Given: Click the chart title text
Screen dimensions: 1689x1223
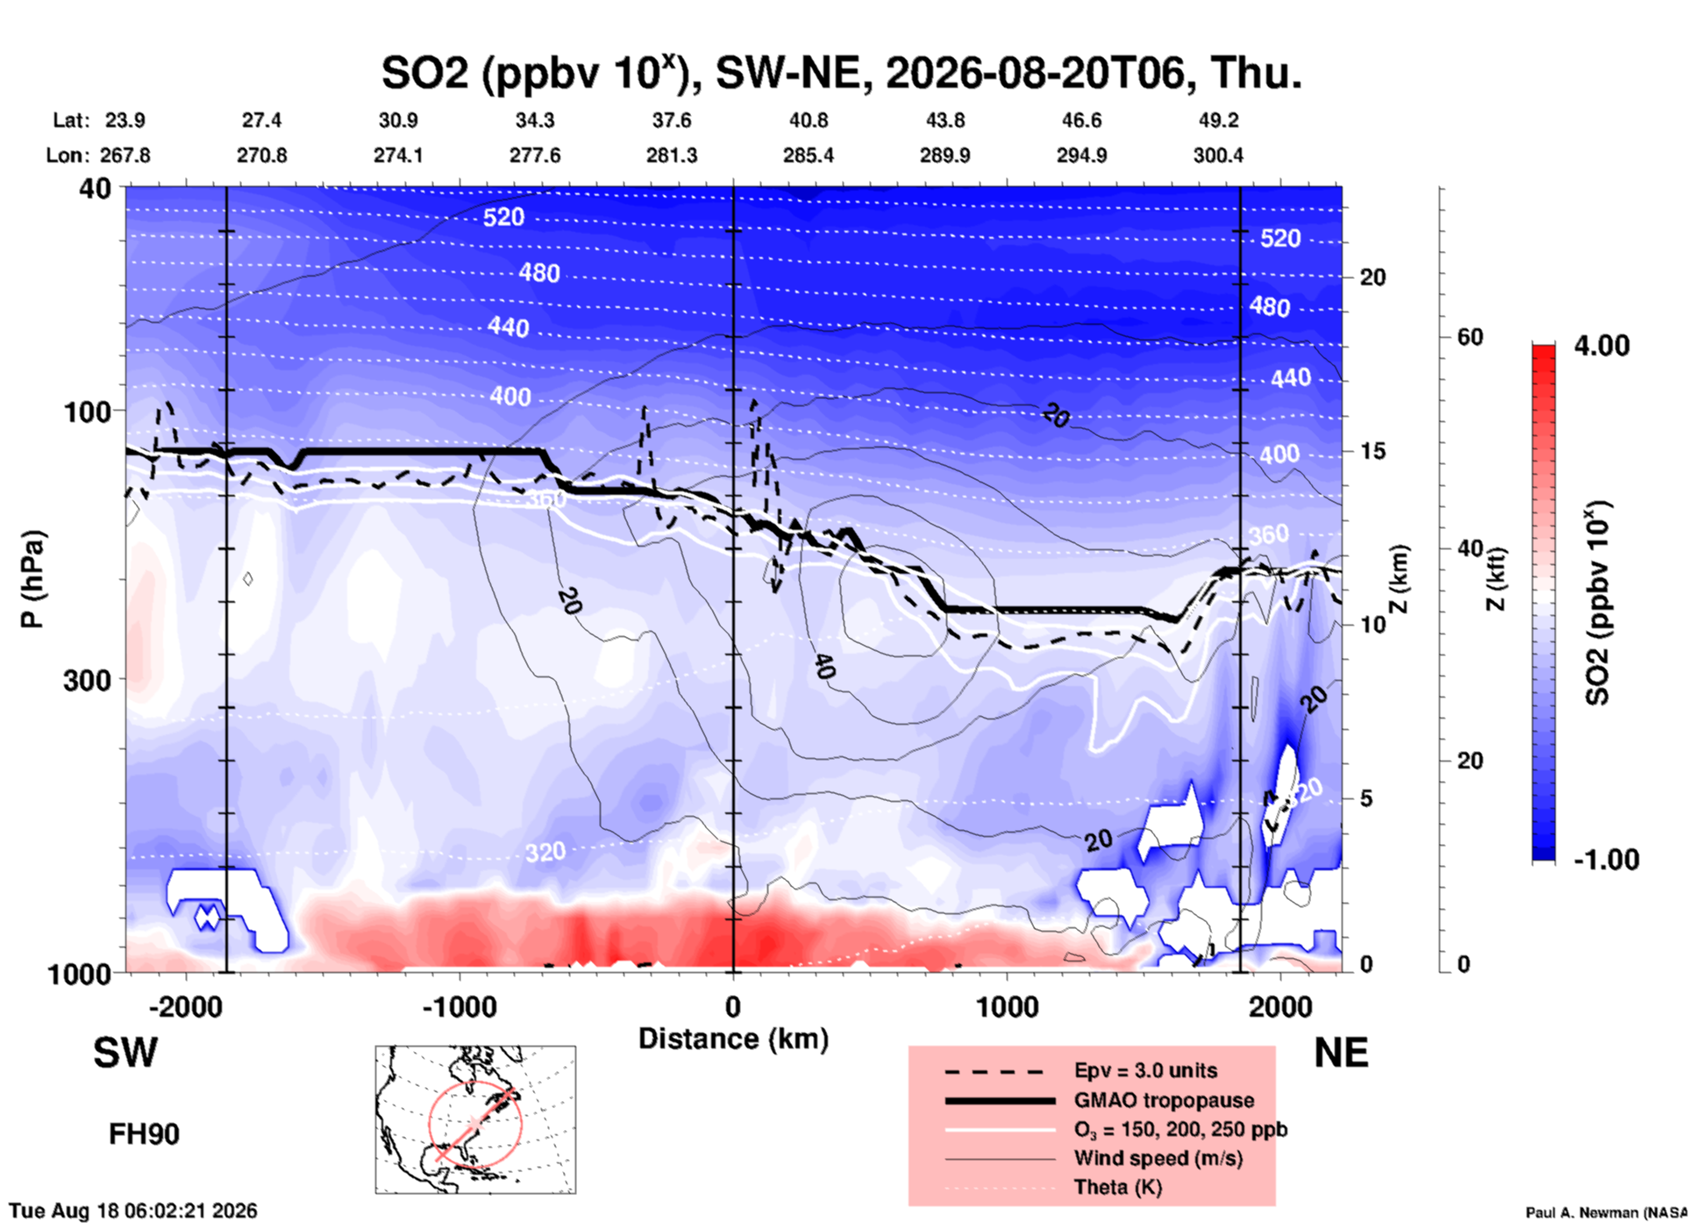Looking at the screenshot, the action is point(841,72).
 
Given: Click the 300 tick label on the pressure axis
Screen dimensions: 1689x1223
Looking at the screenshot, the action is point(88,680).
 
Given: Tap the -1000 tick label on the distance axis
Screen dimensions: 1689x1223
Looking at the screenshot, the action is point(460,1006).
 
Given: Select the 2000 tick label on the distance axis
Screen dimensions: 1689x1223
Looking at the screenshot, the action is point(1281,1006).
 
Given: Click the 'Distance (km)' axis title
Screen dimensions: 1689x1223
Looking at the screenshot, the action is point(733,1039).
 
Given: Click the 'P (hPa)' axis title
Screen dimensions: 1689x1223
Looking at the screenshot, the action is point(32,579).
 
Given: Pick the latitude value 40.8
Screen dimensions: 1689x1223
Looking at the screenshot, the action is point(809,120).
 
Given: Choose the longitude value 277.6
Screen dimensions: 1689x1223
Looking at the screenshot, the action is point(535,155).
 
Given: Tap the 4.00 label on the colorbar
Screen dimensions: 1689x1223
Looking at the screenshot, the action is point(1601,346).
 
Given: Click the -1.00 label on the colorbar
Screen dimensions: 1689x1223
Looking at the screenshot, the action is point(1607,860).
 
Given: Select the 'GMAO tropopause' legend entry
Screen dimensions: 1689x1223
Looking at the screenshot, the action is point(1164,1100).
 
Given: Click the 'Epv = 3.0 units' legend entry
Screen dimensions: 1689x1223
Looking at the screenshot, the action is point(1145,1070).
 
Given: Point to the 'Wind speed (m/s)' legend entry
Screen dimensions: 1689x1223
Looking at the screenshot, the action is point(1158,1158).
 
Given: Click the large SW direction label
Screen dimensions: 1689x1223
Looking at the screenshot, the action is point(125,1053).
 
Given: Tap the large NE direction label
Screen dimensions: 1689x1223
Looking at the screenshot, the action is point(1341,1053).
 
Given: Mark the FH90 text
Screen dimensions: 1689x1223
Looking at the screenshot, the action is point(144,1134).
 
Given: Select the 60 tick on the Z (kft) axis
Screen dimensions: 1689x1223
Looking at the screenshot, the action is point(1470,337).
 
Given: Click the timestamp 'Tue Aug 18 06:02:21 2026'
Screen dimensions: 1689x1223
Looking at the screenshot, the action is point(133,1211).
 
